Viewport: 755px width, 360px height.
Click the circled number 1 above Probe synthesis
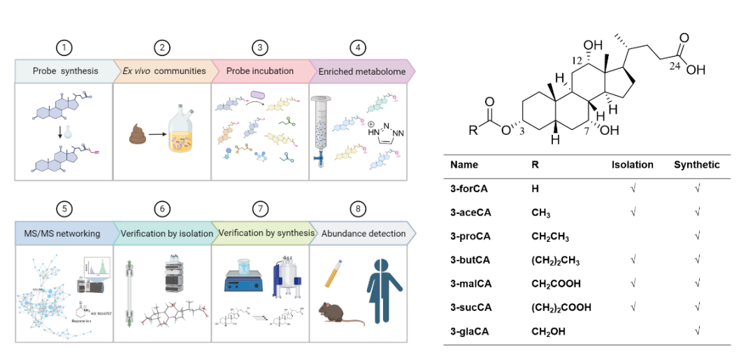[x=64, y=48]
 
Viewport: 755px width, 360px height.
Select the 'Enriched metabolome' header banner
[x=357, y=71]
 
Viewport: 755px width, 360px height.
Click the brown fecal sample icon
[x=139, y=133]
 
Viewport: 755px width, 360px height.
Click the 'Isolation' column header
[x=632, y=166]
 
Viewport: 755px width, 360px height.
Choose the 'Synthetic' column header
[x=696, y=166]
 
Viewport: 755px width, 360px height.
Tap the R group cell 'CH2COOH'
[x=556, y=283]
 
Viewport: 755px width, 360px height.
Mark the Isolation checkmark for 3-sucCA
[x=631, y=307]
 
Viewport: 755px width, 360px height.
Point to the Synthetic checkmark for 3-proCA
[x=697, y=236]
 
